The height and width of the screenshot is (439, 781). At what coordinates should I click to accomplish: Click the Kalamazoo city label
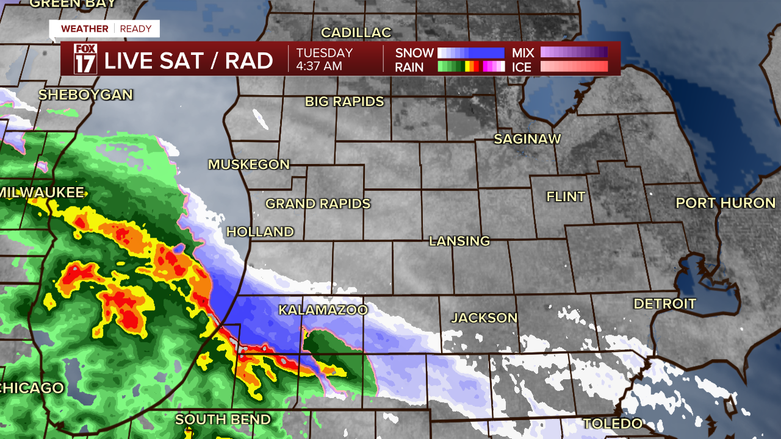click(323, 310)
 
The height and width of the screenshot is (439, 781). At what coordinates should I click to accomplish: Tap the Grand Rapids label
click(318, 204)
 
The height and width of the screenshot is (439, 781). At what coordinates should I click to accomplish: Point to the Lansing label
click(459, 241)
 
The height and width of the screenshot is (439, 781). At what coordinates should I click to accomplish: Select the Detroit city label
click(664, 304)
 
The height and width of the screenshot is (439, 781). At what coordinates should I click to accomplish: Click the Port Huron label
click(725, 203)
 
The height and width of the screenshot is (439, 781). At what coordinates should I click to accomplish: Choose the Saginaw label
click(527, 139)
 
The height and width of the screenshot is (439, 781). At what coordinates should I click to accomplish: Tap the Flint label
click(566, 196)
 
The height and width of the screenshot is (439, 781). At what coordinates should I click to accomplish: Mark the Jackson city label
click(484, 318)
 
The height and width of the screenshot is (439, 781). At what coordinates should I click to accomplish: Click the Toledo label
click(613, 423)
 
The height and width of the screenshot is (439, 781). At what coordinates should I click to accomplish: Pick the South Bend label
click(223, 419)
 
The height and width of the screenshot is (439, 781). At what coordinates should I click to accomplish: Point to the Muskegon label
click(249, 164)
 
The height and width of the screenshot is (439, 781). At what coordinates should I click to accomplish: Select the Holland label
click(260, 232)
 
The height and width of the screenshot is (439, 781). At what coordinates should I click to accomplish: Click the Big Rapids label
click(345, 102)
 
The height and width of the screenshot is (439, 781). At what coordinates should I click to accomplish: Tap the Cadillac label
click(356, 32)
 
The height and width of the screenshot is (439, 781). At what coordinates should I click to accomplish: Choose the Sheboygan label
click(85, 95)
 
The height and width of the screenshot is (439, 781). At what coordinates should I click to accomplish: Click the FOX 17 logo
click(85, 59)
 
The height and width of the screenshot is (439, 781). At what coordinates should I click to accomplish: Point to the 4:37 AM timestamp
click(319, 66)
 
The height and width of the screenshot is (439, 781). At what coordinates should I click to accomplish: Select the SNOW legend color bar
click(471, 52)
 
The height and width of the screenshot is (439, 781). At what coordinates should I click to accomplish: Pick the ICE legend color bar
click(574, 66)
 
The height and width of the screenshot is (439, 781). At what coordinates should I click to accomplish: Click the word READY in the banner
click(136, 29)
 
